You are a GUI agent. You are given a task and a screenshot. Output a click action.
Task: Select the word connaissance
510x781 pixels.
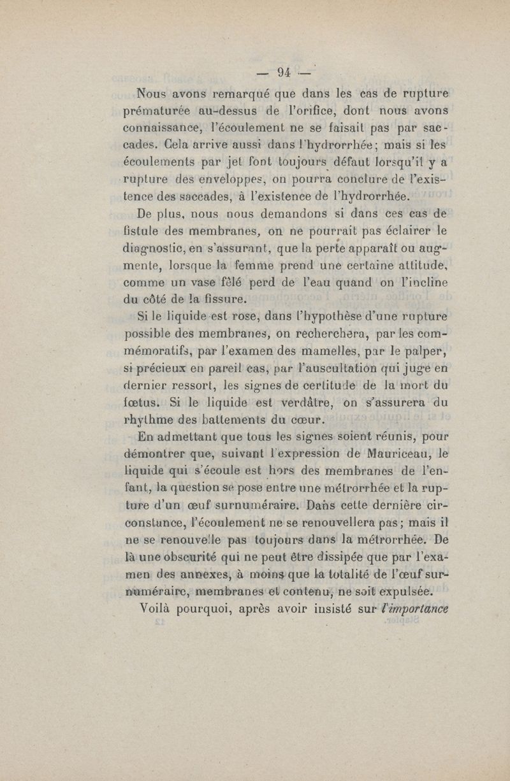click(x=162, y=124)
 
